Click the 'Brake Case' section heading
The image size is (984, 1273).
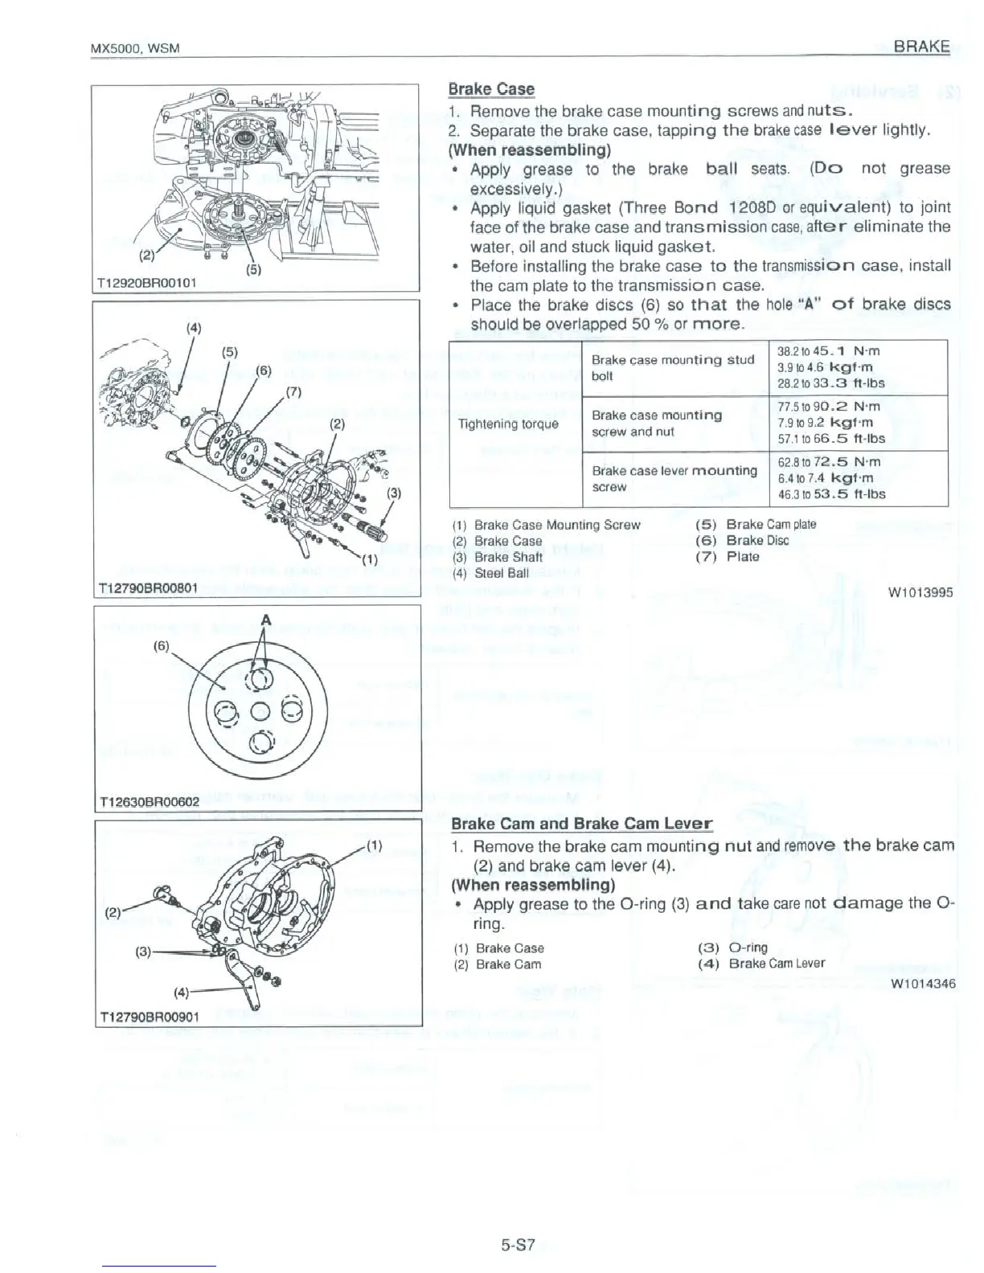490,89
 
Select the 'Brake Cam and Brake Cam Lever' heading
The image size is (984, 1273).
581,824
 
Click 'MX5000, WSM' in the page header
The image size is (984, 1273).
133,48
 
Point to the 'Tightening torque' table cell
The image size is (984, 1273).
507,424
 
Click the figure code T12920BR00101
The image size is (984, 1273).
147,282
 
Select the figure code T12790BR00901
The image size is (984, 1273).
149,1017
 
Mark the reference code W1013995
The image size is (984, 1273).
920,593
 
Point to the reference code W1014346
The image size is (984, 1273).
923,983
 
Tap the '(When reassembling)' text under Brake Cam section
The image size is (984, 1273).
533,885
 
